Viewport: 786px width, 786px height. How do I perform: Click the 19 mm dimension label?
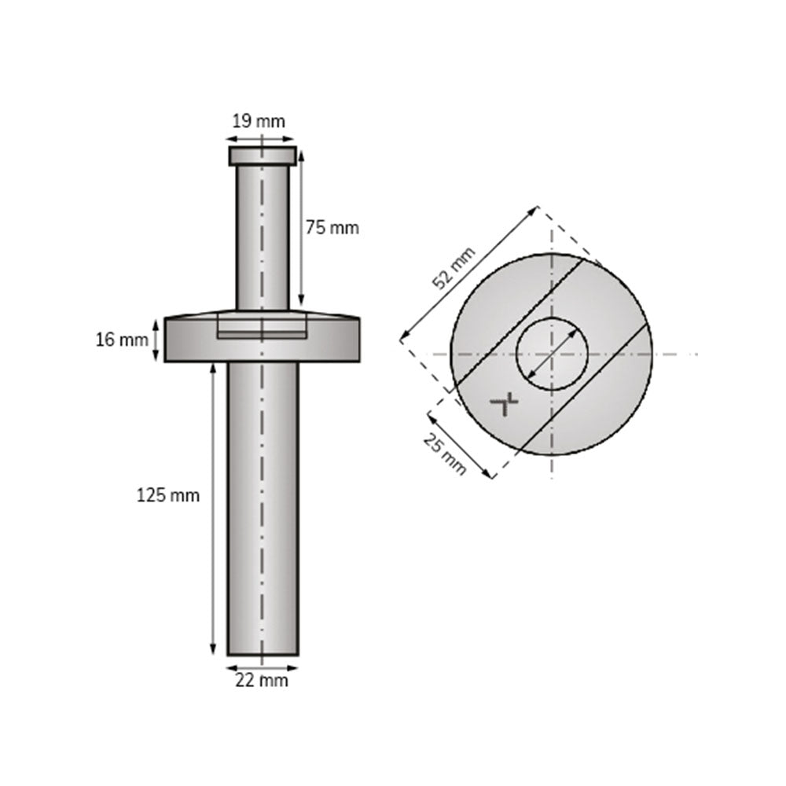258,121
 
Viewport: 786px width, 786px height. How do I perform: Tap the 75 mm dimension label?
332,228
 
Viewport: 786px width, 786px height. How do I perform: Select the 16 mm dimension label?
122,340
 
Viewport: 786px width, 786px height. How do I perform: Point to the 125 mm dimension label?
168,495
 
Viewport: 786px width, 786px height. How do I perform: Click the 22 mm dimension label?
262,681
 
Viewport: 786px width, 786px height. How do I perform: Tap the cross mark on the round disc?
505,404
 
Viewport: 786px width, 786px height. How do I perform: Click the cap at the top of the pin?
263,156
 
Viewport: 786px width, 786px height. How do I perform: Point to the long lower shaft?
263,511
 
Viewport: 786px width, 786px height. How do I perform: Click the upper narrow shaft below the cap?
263,236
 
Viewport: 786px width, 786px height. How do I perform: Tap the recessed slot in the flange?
262,330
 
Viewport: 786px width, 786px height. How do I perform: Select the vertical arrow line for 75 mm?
301,228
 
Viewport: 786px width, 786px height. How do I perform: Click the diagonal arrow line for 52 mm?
469,274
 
